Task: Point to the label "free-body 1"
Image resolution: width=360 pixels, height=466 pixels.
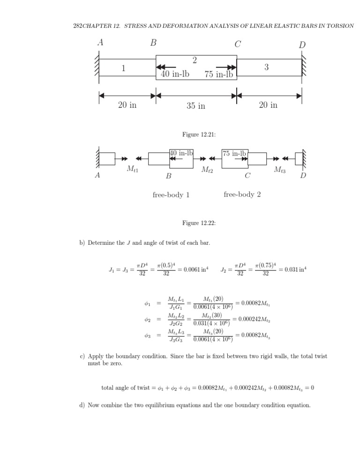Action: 171,195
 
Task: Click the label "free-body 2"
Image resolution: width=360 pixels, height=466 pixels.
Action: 242,195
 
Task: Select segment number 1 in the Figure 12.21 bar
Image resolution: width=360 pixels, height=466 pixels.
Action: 123,68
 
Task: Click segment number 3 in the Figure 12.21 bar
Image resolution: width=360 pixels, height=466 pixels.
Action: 266,68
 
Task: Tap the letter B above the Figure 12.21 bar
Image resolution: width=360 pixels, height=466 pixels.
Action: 153,43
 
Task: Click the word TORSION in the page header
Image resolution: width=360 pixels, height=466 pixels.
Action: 341,26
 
